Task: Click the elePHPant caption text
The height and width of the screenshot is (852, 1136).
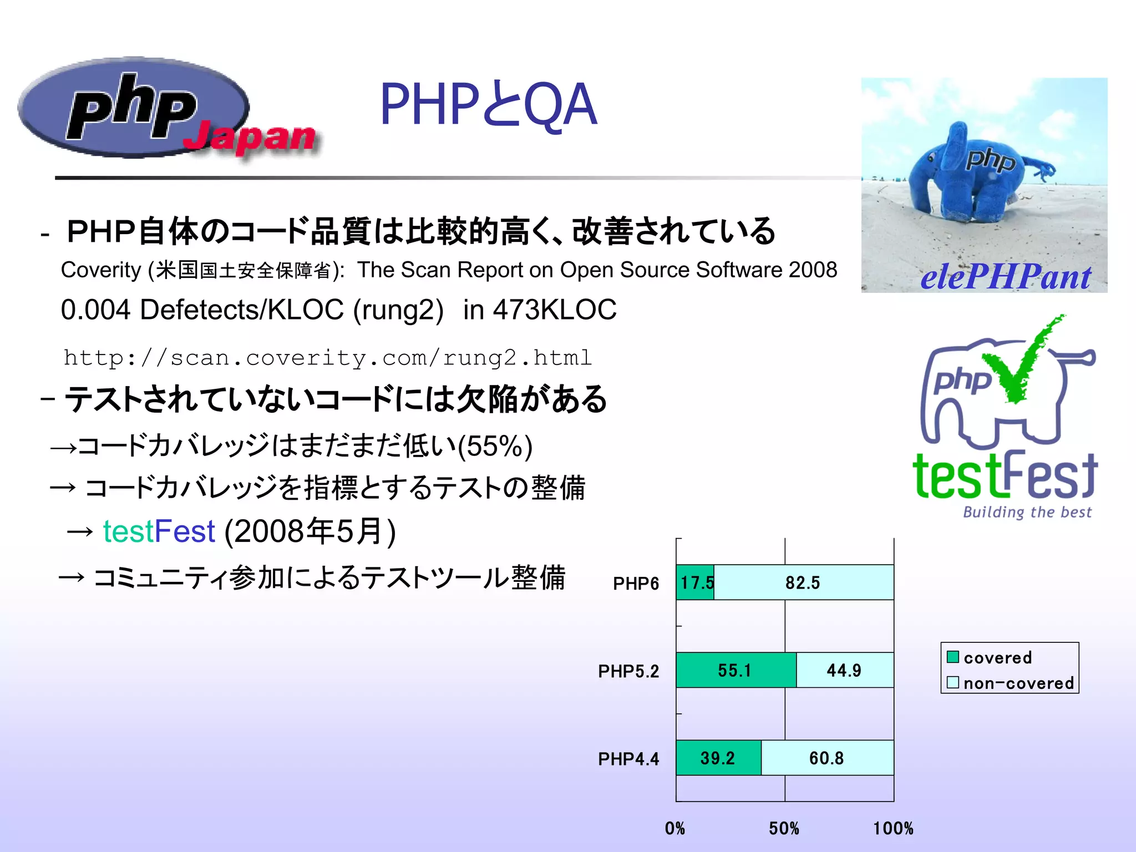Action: pos(1005,277)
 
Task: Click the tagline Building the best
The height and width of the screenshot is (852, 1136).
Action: pos(1027,511)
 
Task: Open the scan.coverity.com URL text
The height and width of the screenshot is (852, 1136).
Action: pos(328,358)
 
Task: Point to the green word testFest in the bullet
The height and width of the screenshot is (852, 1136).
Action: pos(159,531)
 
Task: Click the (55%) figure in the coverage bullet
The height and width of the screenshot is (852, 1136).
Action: pos(495,446)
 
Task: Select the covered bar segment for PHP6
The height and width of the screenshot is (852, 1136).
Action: pos(695,582)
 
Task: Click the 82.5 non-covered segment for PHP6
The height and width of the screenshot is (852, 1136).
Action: pos(803,582)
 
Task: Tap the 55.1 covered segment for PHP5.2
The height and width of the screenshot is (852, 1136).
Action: pos(734,670)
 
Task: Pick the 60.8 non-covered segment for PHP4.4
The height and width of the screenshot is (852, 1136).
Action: pos(826,758)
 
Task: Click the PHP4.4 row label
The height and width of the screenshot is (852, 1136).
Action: pos(628,759)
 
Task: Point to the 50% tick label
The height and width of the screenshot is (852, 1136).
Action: pos(784,829)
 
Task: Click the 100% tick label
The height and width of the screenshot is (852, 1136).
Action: pos(892,829)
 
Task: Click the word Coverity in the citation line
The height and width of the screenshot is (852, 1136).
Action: pos(101,270)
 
